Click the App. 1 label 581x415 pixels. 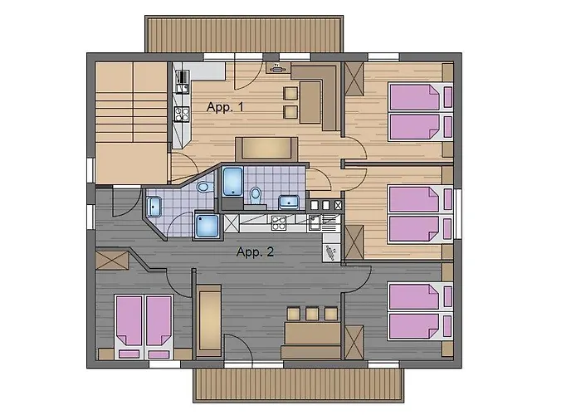tap(224, 108)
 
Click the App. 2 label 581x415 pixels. tap(255, 252)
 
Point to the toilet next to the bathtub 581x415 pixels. tap(255, 194)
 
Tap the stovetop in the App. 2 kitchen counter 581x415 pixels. tap(280, 221)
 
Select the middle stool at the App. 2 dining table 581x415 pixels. tap(311, 314)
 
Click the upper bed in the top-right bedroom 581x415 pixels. tap(415, 98)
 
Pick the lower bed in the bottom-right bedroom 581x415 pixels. tap(415, 326)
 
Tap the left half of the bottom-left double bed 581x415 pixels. tap(130, 320)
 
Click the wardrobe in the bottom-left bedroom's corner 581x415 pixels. tap(112, 259)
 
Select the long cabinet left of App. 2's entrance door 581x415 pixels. tap(208, 320)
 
